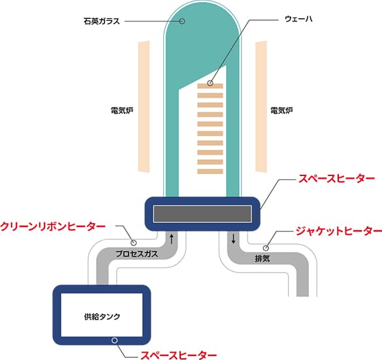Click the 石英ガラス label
point(102,21)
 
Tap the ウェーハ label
point(298,19)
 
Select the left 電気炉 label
point(122,110)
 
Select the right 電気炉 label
point(281,110)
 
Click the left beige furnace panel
point(144,106)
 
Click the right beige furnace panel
point(261,106)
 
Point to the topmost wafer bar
point(210,86)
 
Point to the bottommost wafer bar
point(210,172)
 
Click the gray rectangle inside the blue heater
point(202,214)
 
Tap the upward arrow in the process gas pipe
point(172,239)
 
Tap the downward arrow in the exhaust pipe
point(233,239)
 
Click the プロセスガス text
point(136,254)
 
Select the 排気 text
point(262,258)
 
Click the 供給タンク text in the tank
point(102,316)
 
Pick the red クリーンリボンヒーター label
point(53,226)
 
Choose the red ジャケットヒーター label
point(339,231)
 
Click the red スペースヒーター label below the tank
point(178,355)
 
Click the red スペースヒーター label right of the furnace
point(337,179)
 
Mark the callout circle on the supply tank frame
point(114,340)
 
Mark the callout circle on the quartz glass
point(182,21)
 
